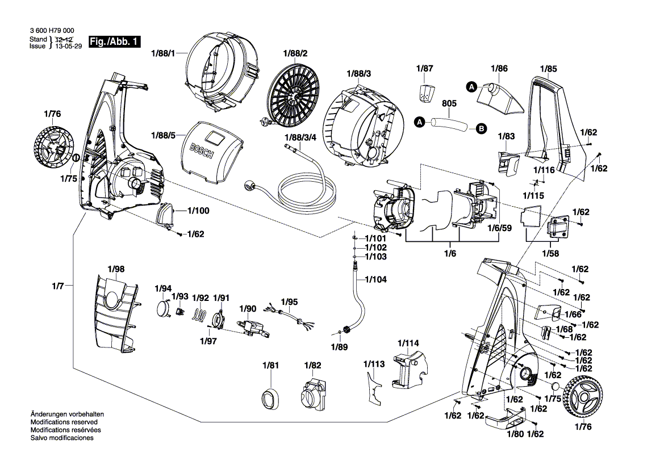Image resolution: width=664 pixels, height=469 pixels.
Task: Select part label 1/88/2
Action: point(295,53)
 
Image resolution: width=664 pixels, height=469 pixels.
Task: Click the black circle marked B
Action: point(481,129)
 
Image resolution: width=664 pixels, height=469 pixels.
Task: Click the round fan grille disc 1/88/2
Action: point(292,98)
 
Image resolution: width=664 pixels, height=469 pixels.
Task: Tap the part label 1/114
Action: point(408,343)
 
